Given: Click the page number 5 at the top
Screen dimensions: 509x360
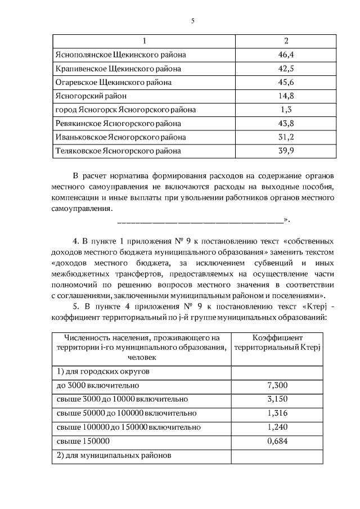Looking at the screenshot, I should coord(192,21).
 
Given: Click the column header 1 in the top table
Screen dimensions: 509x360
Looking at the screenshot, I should coord(145,41).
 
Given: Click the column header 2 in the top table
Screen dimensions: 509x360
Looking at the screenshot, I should coord(286,41).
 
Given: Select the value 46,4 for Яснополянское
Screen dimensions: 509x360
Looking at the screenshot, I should coord(286,55).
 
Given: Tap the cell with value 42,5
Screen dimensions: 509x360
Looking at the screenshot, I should coord(286,69).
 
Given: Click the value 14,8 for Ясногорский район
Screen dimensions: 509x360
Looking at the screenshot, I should coord(286,96).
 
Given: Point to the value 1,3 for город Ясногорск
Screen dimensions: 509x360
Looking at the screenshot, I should coord(286,110).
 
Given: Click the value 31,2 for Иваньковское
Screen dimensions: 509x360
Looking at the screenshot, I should coord(286,137).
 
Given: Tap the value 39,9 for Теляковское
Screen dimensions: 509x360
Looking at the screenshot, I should coord(286,151).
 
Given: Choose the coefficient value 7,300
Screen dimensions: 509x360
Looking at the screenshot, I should coord(277,386).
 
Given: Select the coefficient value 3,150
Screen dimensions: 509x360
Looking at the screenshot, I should coord(277,399).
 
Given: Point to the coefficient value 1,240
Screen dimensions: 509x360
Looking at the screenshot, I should coord(277,427).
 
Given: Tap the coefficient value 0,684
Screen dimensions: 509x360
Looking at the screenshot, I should coord(277,441).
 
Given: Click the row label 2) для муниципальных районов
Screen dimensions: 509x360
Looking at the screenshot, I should coord(114,455).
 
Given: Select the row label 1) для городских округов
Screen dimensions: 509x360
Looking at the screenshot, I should coord(103,372).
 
